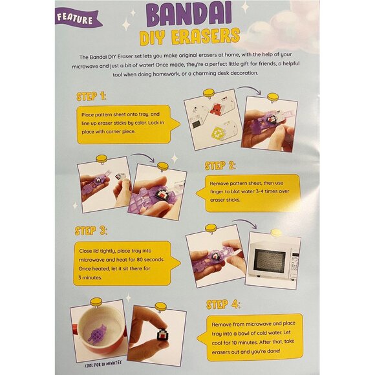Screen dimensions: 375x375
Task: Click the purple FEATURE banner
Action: click(77, 17)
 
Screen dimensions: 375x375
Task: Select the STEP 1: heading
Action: click(91, 96)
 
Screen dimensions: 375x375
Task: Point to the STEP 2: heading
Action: click(220, 166)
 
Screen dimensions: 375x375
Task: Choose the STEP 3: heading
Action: click(91, 231)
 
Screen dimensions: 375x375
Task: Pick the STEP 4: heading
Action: click(223, 305)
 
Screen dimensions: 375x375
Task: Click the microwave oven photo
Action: click(273, 261)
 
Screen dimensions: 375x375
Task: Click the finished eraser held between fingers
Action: click(162, 335)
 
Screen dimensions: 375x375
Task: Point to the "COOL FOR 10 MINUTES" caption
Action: click(103, 364)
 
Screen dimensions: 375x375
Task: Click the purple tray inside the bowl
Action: click(98, 333)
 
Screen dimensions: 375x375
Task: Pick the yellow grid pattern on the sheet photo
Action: click(217, 133)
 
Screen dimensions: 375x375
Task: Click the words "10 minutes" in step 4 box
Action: click(244, 342)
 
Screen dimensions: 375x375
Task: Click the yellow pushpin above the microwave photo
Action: click(276, 232)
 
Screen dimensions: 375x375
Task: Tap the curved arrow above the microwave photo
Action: click(245, 222)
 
